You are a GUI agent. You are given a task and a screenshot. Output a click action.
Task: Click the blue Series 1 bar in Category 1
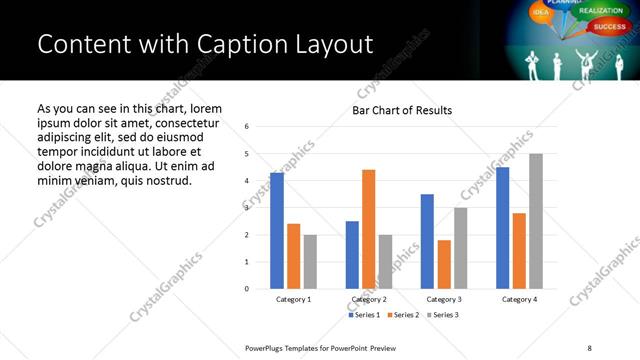pyautogui.click(x=277, y=231)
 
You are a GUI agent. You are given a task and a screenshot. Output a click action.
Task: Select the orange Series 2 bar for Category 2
pyautogui.click(x=368, y=229)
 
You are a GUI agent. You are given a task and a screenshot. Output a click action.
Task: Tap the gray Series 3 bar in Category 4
pyautogui.click(x=535, y=221)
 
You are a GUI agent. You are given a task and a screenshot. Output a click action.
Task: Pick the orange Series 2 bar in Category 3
pyautogui.click(x=444, y=264)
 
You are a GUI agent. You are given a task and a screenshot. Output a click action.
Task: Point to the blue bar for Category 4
pyautogui.click(x=502, y=228)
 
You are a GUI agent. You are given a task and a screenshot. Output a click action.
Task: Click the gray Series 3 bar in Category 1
pyautogui.click(x=310, y=262)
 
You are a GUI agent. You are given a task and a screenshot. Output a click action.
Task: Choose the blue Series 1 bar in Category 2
pyautogui.click(x=352, y=255)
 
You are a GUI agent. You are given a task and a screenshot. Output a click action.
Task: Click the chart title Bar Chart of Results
pyautogui.click(x=402, y=110)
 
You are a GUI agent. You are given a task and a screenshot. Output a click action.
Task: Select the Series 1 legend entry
pyautogui.click(x=364, y=315)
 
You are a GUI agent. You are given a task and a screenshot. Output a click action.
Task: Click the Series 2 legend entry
pyautogui.click(x=403, y=315)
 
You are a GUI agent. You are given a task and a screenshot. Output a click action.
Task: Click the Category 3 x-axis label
pyautogui.click(x=443, y=299)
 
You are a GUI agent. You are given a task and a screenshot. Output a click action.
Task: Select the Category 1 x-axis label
pyautogui.click(x=293, y=299)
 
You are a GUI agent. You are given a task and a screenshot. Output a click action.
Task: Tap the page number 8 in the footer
pyautogui.click(x=589, y=347)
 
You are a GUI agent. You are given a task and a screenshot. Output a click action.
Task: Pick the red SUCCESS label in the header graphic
pyautogui.click(x=609, y=26)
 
